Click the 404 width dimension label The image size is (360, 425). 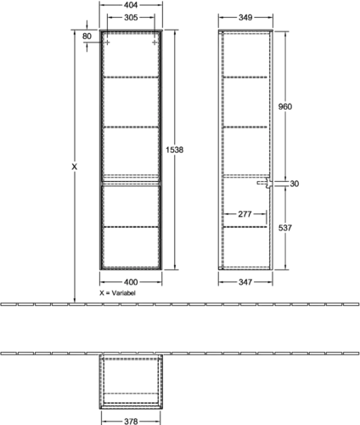(131, 5)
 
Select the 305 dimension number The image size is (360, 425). (131, 18)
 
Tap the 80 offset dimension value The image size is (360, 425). (87, 37)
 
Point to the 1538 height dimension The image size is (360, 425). (175, 150)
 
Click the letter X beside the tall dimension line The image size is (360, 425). (74, 167)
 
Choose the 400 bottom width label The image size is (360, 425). (131, 282)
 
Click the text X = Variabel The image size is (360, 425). (117, 293)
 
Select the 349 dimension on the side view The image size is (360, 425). (245, 18)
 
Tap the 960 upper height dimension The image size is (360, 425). (285, 107)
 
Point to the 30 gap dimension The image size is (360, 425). (295, 184)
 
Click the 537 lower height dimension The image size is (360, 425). (285, 228)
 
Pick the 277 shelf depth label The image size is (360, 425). (245, 214)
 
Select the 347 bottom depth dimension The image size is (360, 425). (245, 282)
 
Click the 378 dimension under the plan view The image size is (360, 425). (131, 422)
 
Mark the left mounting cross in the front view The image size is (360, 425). (107, 42)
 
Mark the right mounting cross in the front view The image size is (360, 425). (155, 42)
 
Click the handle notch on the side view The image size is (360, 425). (265, 183)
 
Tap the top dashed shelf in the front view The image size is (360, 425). (131, 76)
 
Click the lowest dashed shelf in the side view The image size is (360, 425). (245, 227)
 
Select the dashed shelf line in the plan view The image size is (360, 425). (131, 394)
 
